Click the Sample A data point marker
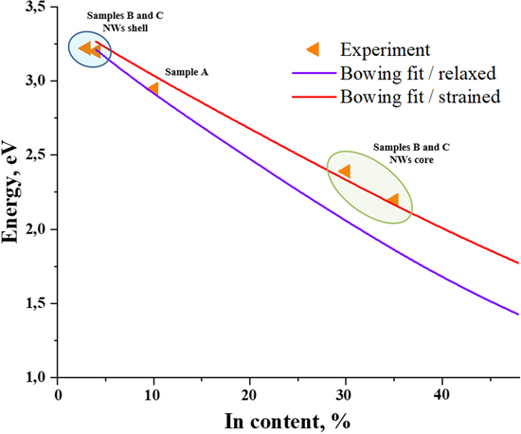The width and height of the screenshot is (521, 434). click(x=153, y=89)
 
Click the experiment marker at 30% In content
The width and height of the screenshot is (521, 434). click(x=345, y=172)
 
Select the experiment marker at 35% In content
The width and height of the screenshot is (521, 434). click(x=392, y=200)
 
